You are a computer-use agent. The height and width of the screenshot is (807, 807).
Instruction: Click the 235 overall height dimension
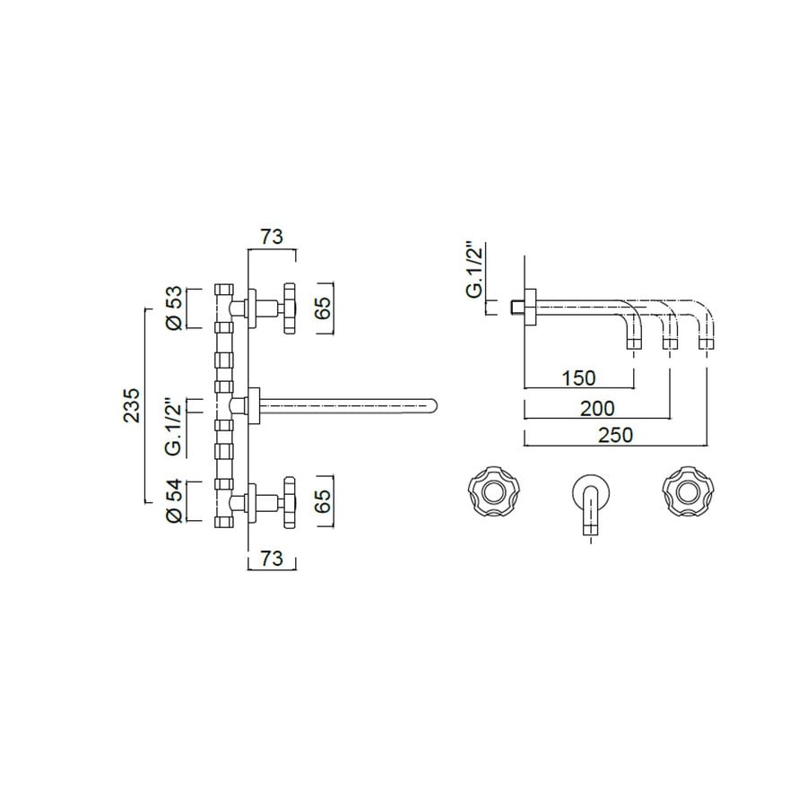point(133,405)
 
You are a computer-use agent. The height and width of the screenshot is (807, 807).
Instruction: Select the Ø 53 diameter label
point(176,308)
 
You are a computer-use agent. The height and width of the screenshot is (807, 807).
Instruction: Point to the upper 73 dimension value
point(272,237)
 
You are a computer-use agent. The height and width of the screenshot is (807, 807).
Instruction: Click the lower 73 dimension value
point(272,559)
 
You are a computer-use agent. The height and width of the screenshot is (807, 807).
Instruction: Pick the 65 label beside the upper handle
point(325,308)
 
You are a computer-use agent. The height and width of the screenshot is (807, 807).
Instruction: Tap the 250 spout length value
point(615,435)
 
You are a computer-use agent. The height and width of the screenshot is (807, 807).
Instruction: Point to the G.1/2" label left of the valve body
point(176,405)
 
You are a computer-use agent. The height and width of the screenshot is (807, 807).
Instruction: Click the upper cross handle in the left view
point(289,308)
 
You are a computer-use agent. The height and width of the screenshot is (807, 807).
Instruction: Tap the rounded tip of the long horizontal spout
point(432,405)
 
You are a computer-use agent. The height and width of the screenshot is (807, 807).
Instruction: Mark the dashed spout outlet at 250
point(707,343)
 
